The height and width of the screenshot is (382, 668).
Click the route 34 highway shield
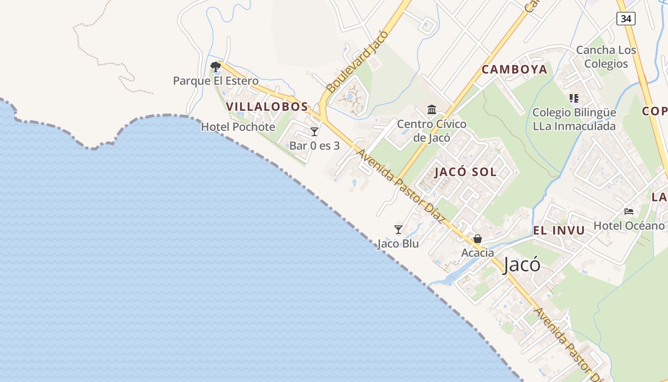tap(626, 19)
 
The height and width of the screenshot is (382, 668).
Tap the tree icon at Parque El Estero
tap(216, 66)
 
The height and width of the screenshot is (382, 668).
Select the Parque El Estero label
tap(216, 81)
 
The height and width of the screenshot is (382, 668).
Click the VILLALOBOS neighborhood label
tap(267, 106)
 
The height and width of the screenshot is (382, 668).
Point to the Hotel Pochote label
tap(238, 127)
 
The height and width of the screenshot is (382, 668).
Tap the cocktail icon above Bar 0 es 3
tap(314, 132)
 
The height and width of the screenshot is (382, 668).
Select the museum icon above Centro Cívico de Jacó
tap(432, 110)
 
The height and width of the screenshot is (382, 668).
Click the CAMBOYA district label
tap(514, 70)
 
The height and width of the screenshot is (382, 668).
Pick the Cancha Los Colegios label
tap(606, 57)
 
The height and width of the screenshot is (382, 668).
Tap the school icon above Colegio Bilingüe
tap(574, 98)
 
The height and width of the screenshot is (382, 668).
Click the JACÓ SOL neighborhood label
tap(465, 172)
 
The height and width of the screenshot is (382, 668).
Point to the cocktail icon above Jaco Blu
tap(398, 230)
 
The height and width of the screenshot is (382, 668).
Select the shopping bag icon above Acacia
tap(477, 239)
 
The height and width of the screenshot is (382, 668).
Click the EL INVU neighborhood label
tap(559, 231)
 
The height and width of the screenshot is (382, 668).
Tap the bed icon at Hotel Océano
tap(629, 211)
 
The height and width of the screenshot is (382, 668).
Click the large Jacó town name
tap(522, 265)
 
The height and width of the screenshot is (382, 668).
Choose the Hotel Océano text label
tap(629, 225)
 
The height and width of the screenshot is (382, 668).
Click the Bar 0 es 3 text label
tap(314, 146)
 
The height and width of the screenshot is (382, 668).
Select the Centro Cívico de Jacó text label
tap(432, 131)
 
